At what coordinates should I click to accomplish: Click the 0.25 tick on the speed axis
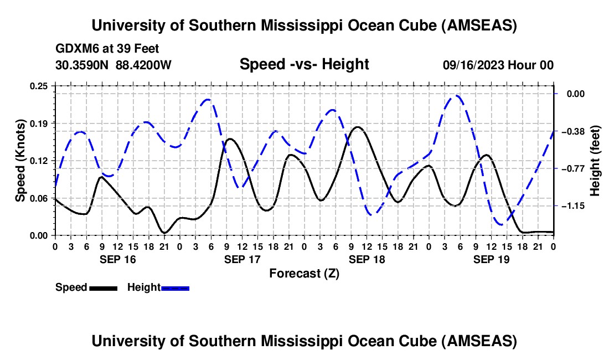pos(39,86)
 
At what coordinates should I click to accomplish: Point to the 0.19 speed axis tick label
pos(39,123)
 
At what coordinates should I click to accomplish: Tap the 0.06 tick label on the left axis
pos(39,198)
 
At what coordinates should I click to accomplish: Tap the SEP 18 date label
pos(366,259)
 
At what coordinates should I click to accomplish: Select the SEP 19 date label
pos(491,259)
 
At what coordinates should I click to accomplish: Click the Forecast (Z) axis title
pos(304,273)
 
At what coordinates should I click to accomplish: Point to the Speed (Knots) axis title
pos(20,160)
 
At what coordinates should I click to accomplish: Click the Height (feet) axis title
pos(595,160)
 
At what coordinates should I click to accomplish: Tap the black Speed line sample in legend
pos(103,288)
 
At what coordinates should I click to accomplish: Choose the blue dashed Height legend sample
pos(175,288)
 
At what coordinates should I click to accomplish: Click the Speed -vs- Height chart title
pos(304,64)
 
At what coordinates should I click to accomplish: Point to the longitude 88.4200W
pos(143,65)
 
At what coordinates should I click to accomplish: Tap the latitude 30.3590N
pos(82,65)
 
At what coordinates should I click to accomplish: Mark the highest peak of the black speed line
pos(358,127)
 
